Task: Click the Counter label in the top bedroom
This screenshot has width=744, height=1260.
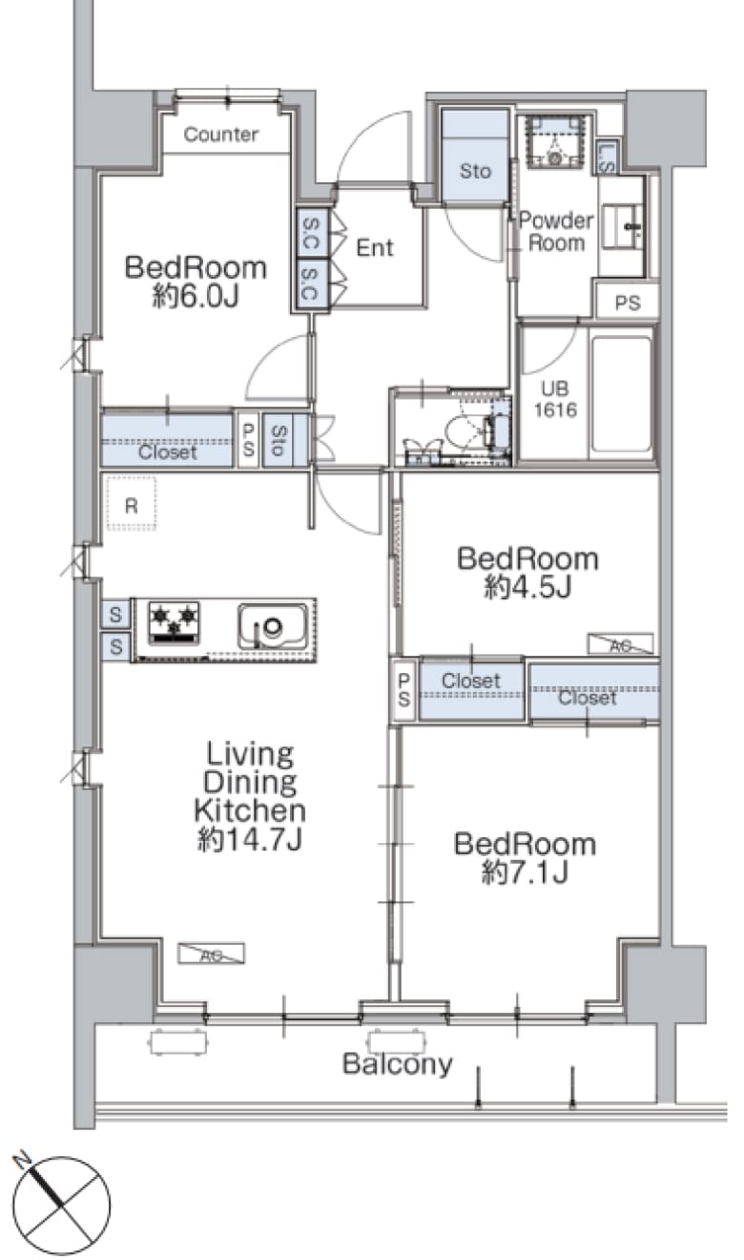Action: [221, 135]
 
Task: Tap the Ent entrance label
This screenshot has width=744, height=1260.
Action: [375, 247]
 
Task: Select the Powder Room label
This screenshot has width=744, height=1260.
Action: [556, 231]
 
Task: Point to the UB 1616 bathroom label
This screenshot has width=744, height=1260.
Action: [555, 399]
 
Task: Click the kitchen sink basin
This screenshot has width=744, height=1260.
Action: [273, 625]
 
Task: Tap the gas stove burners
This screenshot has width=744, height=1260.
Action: [174, 622]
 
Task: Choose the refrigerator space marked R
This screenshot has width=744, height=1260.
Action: [132, 503]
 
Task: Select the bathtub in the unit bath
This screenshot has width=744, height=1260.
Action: [622, 393]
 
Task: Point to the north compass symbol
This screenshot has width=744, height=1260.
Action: [61, 1205]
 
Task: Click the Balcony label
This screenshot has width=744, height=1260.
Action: [398, 1062]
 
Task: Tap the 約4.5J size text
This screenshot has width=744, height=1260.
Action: [527, 587]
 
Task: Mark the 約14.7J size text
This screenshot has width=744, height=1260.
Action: [250, 840]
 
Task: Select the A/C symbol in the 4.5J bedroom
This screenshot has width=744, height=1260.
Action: [620, 644]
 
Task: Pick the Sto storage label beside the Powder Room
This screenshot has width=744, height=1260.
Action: [475, 171]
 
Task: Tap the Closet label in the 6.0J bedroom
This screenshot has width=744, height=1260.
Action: [168, 451]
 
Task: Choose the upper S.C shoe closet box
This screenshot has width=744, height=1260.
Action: [311, 233]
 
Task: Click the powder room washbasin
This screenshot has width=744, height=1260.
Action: [622, 227]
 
